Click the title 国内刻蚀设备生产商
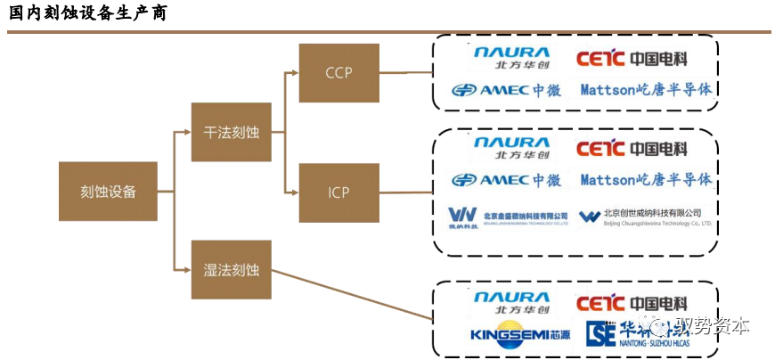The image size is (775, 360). (x=86, y=14)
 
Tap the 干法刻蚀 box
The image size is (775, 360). (x=231, y=132)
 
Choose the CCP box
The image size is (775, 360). (x=339, y=72)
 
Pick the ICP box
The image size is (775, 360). (x=339, y=192)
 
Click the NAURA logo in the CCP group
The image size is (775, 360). (x=511, y=59)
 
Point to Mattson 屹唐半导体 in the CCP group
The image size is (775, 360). (x=646, y=89)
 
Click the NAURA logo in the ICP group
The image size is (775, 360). (x=511, y=148)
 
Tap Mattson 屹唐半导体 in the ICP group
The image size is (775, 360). (x=646, y=180)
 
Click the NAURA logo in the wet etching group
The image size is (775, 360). (x=511, y=303)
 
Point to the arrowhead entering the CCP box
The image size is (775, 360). (x=294, y=72)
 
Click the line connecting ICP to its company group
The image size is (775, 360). (x=404, y=192)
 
